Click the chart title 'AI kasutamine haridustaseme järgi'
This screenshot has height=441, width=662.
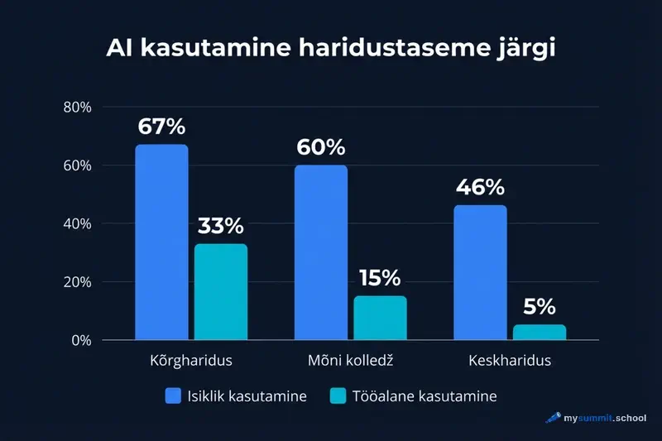(331, 48)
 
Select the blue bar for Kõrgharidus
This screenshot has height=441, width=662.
(161, 242)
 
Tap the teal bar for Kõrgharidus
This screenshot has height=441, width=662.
(220, 291)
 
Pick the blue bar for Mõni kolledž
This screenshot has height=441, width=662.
(321, 252)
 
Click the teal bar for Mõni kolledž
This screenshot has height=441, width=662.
(380, 318)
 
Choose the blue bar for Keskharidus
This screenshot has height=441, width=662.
(481, 272)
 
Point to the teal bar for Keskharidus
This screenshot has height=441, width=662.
(540, 332)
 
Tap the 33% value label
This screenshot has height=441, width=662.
(220, 226)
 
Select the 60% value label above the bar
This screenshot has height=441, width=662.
(320, 148)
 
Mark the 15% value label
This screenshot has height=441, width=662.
(380, 279)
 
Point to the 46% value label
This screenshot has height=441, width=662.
(480, 188)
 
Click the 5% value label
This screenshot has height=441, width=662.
(540, 307)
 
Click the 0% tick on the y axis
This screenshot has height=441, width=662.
(80, 340)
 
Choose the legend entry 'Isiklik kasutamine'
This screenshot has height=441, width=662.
(236, 396)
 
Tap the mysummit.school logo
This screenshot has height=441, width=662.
(596, 418)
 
